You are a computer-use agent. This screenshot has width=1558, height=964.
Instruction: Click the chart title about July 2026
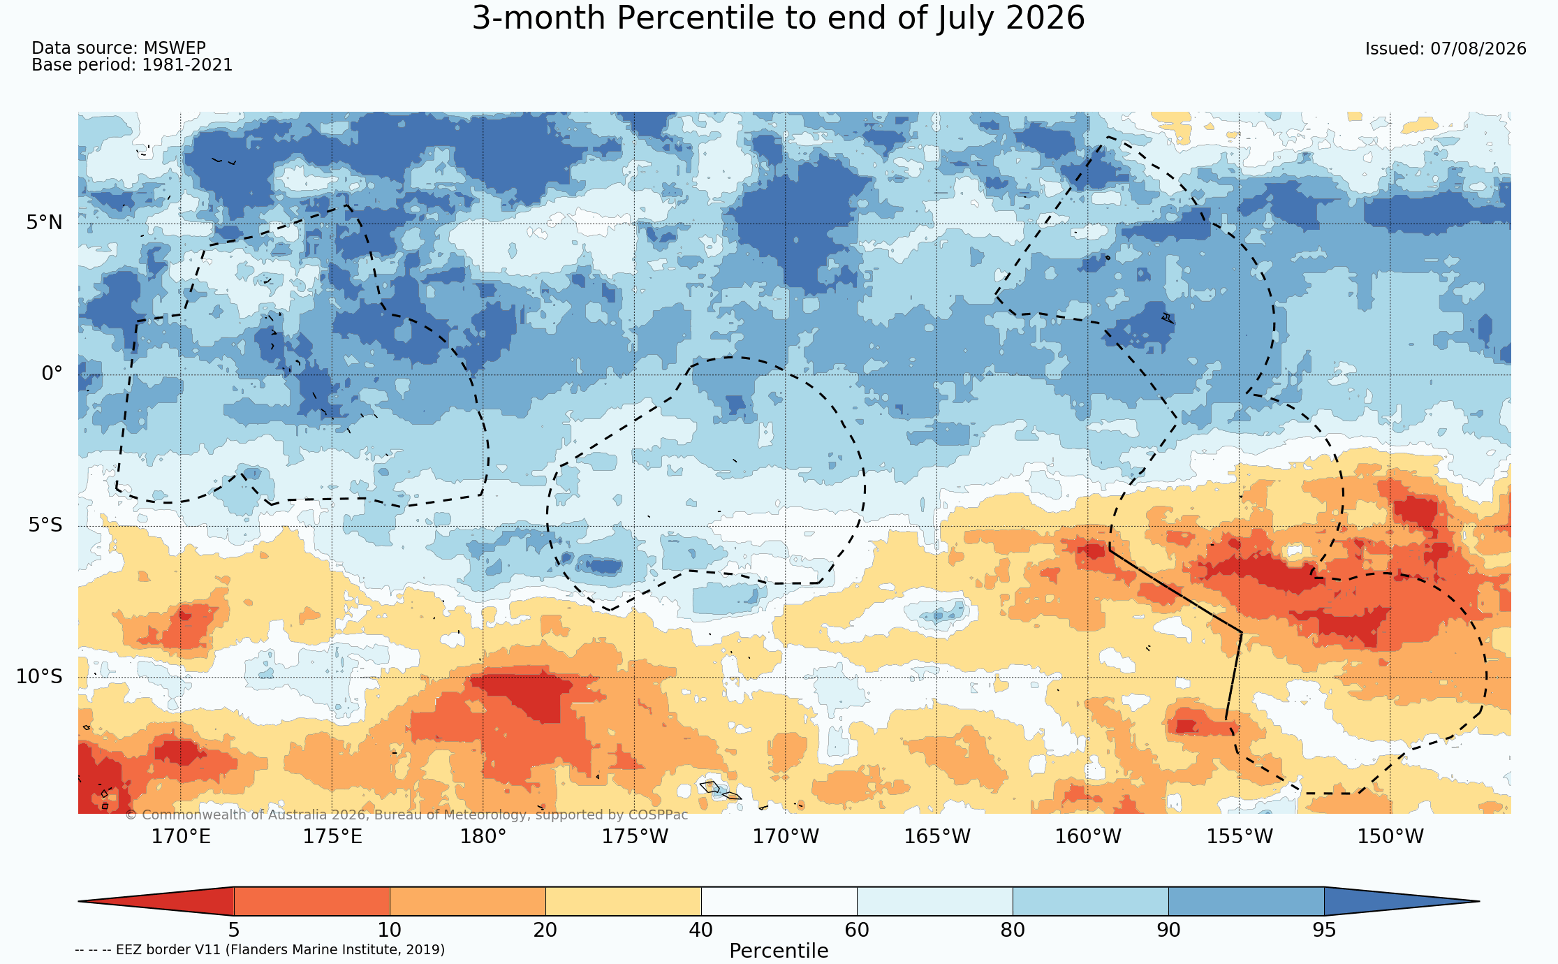[x=779, y=18]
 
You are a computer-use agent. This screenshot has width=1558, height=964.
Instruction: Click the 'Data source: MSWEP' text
[x=119, y=48]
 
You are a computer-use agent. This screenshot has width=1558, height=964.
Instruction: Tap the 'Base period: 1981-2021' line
[x=132, y=65]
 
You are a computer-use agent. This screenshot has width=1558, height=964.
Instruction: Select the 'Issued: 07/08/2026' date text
[x=1446, y=49]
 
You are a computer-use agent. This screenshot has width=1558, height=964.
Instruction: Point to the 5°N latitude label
[x=45, y=223]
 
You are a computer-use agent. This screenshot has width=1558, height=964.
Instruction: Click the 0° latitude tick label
[x=52, y=374]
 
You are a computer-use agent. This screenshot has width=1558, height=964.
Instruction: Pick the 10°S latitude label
[x=39, y=676]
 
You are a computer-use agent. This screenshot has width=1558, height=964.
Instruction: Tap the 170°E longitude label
[x=181, y=836]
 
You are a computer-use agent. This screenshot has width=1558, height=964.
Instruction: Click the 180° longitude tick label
[x=483, y=836]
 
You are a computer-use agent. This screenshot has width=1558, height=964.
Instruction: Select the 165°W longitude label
[x=937, y=836]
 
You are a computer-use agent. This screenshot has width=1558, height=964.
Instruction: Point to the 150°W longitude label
[x=1390, y=836]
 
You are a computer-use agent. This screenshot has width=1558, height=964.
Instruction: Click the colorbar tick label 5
[x=234, y=930]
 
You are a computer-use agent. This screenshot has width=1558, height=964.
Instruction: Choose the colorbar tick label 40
[x=701, y=930]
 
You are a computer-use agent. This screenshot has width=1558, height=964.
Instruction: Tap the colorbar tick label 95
[x=1324, y=930]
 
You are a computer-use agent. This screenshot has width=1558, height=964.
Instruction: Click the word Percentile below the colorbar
[x=779, y=951]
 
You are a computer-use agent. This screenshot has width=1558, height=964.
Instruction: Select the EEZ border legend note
[x=260, y=949]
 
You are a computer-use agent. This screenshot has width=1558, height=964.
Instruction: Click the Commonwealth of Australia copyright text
[x=406, y=815]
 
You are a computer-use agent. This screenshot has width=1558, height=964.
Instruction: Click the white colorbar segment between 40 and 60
[x=779, y=901]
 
